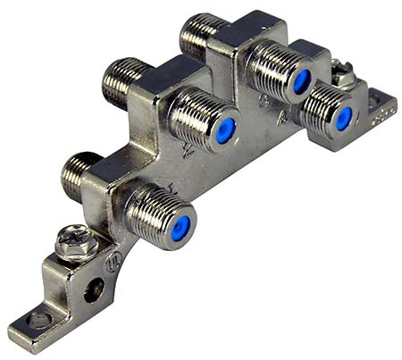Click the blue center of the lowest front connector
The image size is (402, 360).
(181, 227)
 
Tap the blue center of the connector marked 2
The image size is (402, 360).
(226, 130)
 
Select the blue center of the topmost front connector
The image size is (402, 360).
(301, 81)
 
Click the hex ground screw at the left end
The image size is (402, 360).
(71, 242)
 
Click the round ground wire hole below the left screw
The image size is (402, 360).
(94, 291)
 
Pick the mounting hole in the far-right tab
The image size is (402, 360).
(380, 98)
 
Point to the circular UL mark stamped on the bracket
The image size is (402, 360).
(113, 264)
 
